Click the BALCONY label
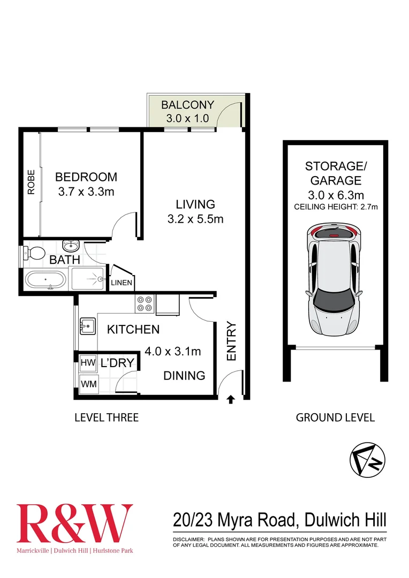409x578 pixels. pyautogui.click(x=187, y=105)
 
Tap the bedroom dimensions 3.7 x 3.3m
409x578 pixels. pyautogui.click(x=86, y=192)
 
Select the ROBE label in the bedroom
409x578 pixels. pyautogui.click(x=31, y=182)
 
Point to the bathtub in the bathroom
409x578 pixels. pyautogui.click(x=46, y=279)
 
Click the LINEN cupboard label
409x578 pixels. pyautogui.click(x=122, y=283)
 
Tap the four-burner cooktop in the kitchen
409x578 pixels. pyautogui.click(x=144, y=304)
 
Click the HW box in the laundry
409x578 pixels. pyautogui.click(x=87, y=363)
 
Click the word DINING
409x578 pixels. pyautogui.click(x=184, y=376)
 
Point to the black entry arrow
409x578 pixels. pyautogui.click(x=231, y=399)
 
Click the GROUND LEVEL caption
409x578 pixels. pyautogui.click(x=335, y=417)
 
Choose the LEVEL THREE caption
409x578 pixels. pyautogui.click(x=106, y=417)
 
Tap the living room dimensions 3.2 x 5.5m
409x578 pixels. pyautogui.click(x=196, y=218)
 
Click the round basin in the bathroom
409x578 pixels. pyautogui.click(x=71, y=246)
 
